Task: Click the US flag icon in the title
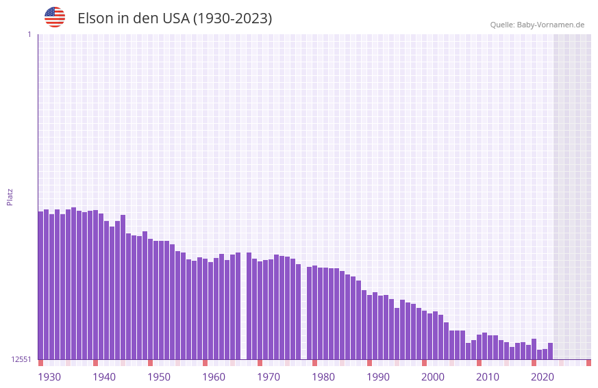coord(55,17)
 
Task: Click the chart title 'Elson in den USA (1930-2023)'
coord(175,18)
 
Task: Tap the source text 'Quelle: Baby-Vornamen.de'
coord(537,25)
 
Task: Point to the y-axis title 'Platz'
coord(10,196)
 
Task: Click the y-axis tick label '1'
coord(29,34)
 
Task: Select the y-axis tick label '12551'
coord(21,359)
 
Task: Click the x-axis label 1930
coord(49,377)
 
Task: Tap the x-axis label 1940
coord(104,377)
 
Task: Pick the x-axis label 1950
coord(159,377)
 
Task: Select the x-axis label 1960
coord(214,377)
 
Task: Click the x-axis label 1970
coord(269,377)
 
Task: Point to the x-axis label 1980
coord(323,377)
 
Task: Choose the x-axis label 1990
coord(378,377)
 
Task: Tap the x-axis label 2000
coord(433,377)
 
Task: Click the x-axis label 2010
coord(488,377)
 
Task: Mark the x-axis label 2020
coord(543,377)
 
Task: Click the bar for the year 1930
coord(41,287)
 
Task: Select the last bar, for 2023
coord(550,351)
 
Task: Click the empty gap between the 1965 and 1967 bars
coord(243,308)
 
